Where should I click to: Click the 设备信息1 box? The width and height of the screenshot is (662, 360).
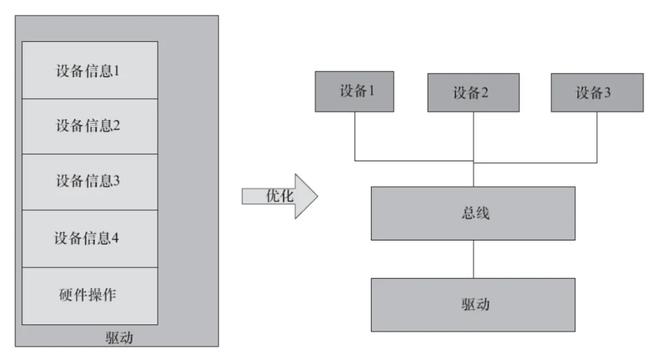coord(89,70)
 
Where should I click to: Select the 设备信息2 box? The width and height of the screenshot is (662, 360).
coord(89,126)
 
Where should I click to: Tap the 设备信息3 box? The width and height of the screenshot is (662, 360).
coord(89,182)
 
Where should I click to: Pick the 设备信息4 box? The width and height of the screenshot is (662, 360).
coord(89,237)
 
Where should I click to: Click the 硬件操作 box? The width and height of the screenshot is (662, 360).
coord(89,295)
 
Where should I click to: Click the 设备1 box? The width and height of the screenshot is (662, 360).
coord(355,92)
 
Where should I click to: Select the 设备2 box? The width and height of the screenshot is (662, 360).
coord(473,93)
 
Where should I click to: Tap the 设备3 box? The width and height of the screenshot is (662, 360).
coord(596,93)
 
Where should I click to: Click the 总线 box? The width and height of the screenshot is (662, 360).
coord(473,213)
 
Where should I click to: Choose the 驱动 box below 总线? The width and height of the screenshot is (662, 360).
coord(473,304)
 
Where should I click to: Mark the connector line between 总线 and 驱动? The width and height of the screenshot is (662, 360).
coord(473,259)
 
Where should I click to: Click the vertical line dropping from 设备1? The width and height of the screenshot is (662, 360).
coord(355,136)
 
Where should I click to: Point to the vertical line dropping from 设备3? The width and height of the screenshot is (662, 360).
coord(596,137)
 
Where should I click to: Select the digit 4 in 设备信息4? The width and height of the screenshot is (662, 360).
coord(115,238)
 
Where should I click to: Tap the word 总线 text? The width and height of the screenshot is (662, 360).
coord(473,213)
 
